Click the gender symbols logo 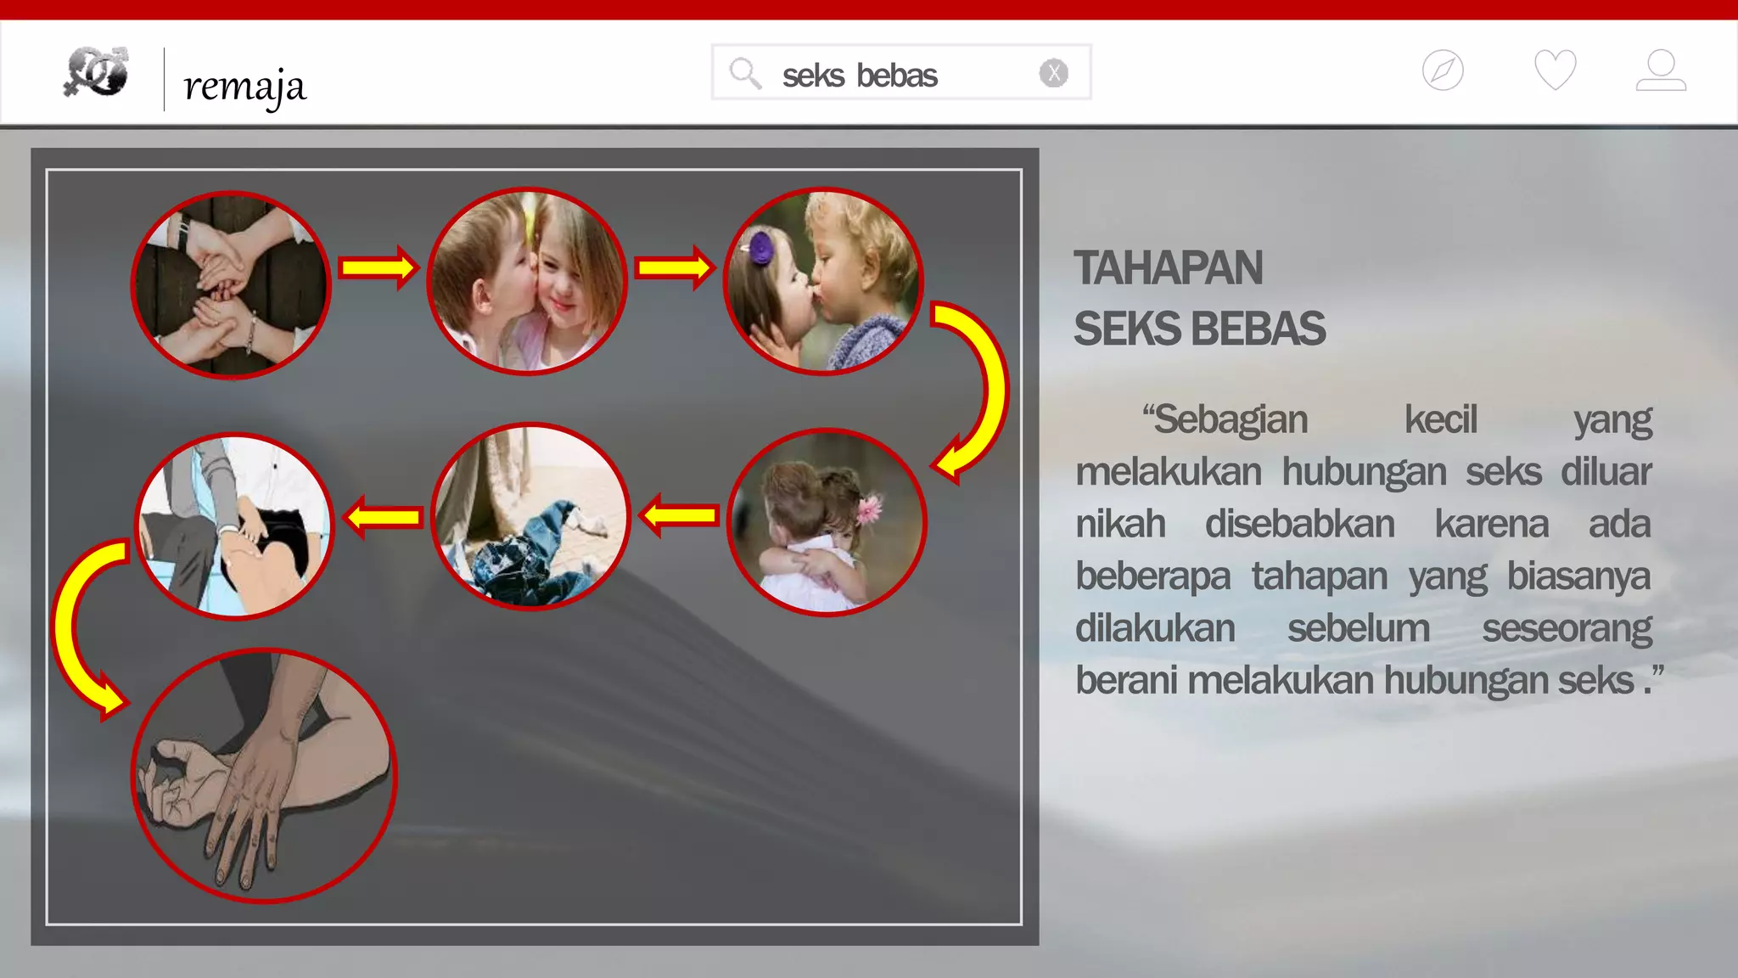(96, 71)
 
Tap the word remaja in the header (244, 86)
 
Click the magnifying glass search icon (745, 73)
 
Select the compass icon (1443, 70)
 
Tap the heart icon (1555, 70)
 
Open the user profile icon (1661, 70)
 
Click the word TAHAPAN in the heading (1168, 268)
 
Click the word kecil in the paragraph (1440, 419)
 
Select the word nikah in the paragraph (1120, 524)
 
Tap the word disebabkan (1299, 524)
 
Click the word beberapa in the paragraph (1152, 576)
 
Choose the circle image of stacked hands (231, 284)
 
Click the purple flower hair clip (761, 248)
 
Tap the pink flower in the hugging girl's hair (868, 509)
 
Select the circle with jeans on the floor (531, 516)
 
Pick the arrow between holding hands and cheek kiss (378, 268)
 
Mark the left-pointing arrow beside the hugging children (679, 515)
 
